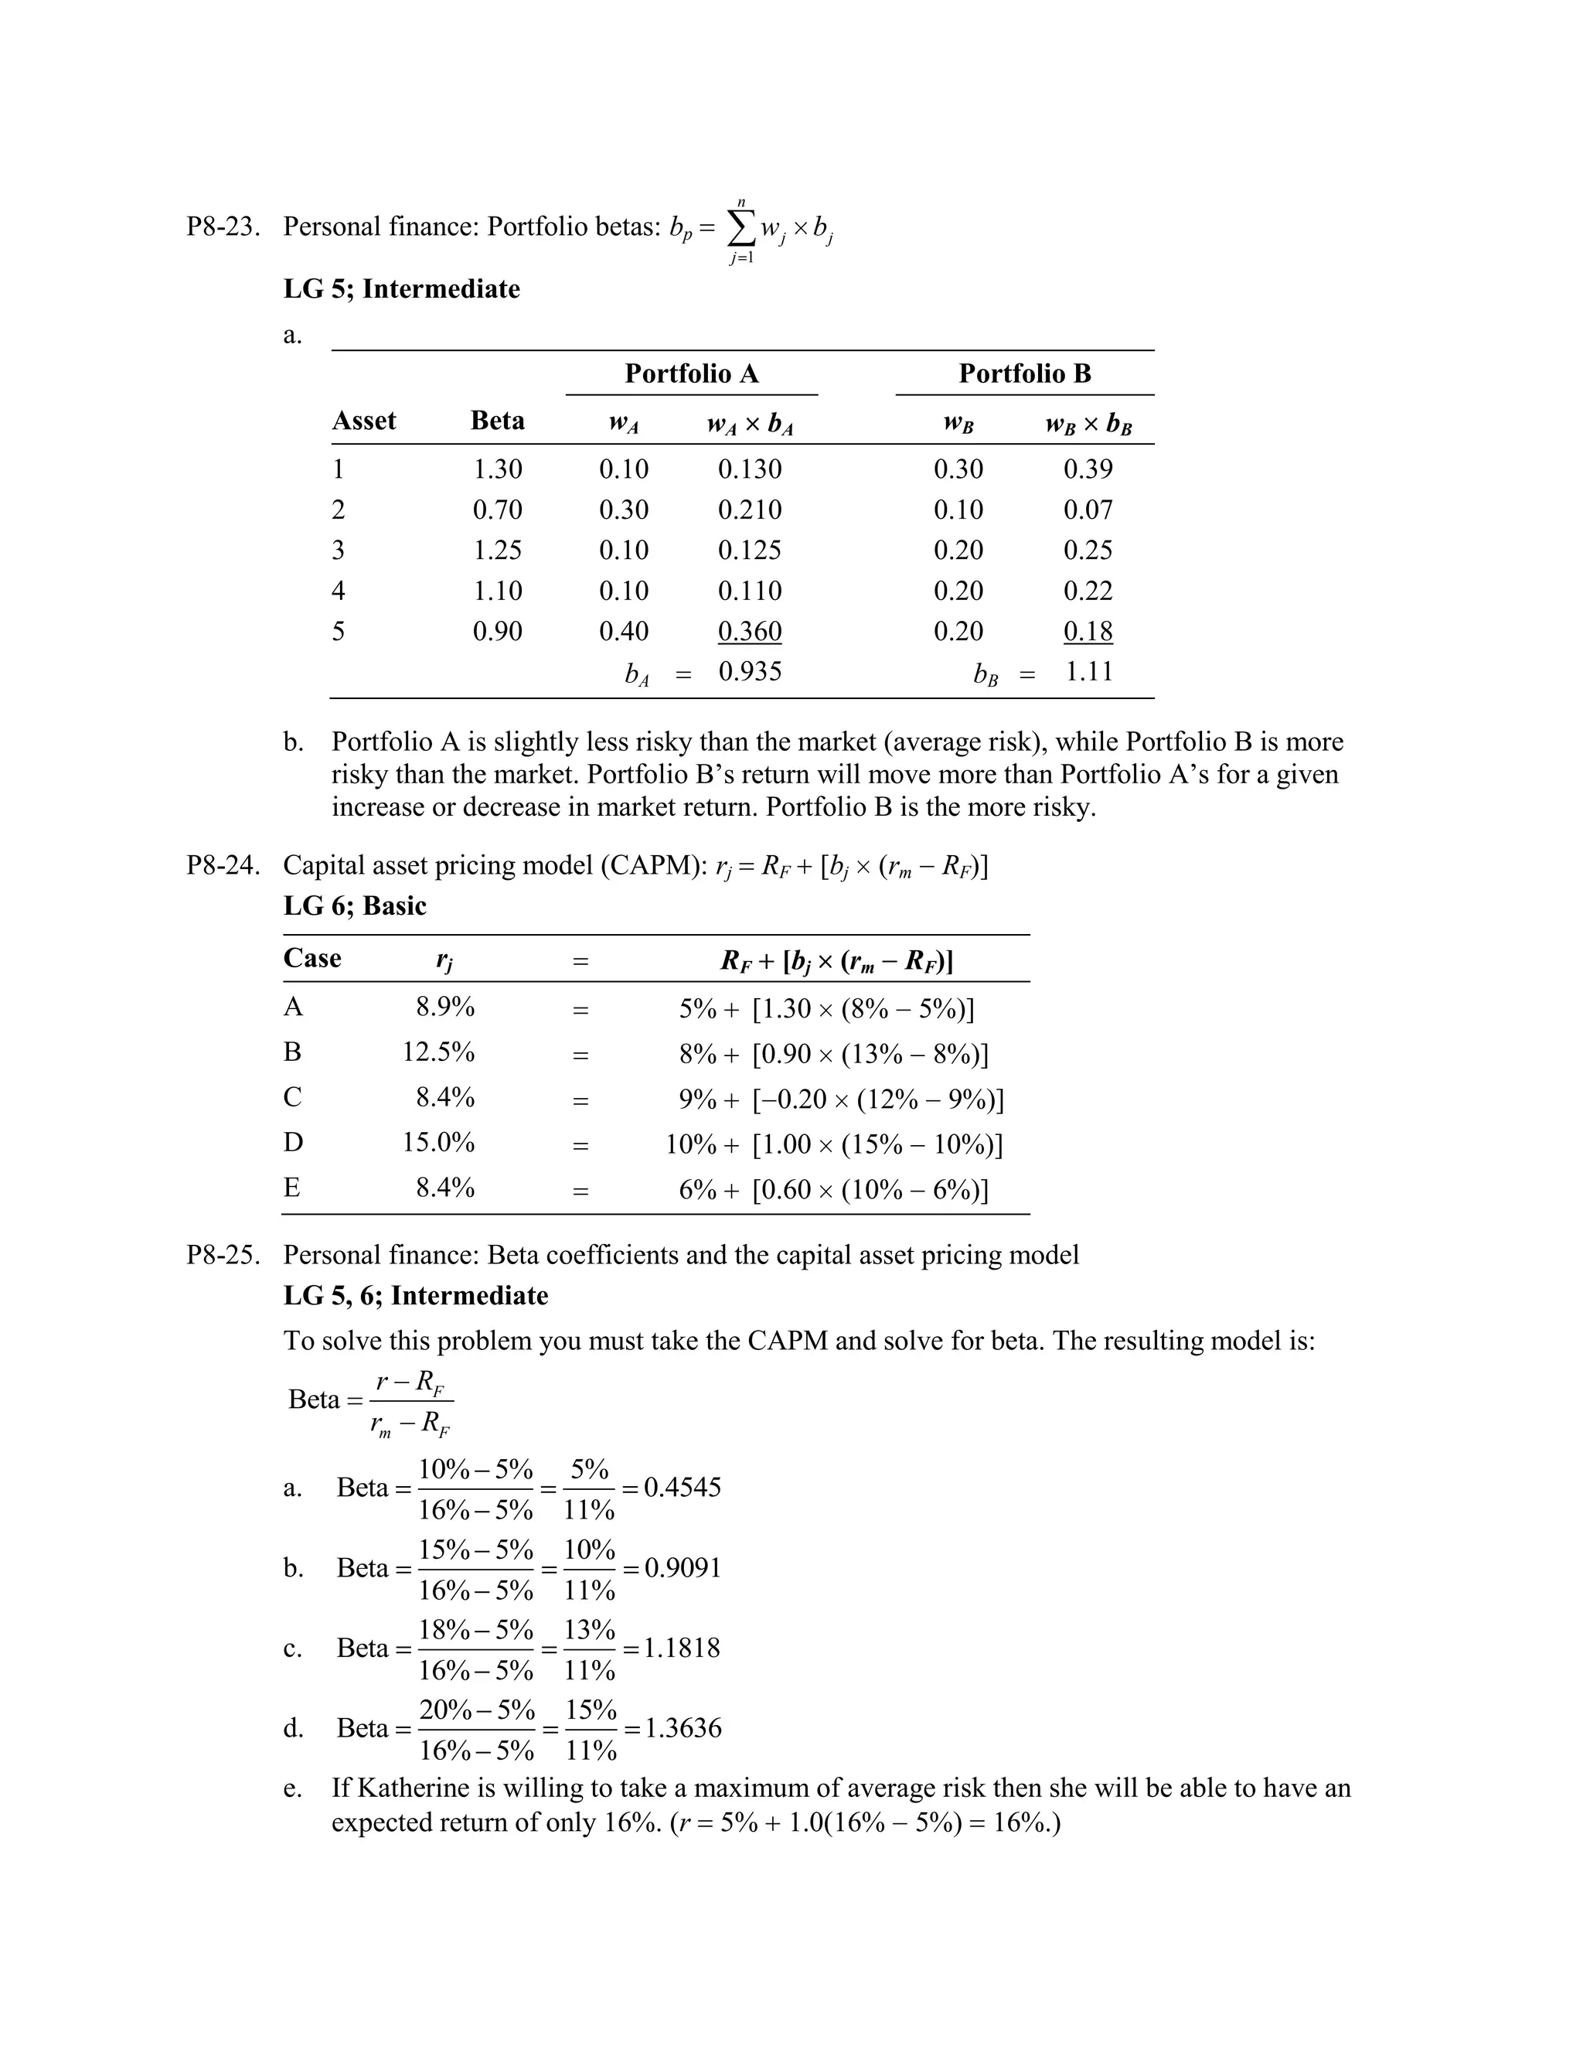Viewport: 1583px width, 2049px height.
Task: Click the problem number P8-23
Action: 223,227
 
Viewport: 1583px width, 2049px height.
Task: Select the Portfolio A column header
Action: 691,374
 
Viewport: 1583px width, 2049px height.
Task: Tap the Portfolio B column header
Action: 1024,374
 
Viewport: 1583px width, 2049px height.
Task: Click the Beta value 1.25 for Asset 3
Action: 497,550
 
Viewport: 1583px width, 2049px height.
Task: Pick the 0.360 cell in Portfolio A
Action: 749,632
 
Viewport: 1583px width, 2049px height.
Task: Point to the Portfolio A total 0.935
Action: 749,672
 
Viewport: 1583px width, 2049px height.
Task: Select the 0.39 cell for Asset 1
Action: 1088,469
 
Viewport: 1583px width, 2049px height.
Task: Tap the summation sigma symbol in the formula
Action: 740,229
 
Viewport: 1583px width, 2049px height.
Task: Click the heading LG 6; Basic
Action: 355,906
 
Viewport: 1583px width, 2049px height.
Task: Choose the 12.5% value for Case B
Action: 438,1052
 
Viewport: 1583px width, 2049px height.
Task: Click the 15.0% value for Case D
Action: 438,1143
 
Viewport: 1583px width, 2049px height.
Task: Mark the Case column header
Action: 312,959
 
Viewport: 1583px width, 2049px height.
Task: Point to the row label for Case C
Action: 293,1096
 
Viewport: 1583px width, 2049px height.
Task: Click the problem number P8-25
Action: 223,1255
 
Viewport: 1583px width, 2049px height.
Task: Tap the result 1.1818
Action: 682,1648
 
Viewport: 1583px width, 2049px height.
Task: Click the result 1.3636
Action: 683,1728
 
